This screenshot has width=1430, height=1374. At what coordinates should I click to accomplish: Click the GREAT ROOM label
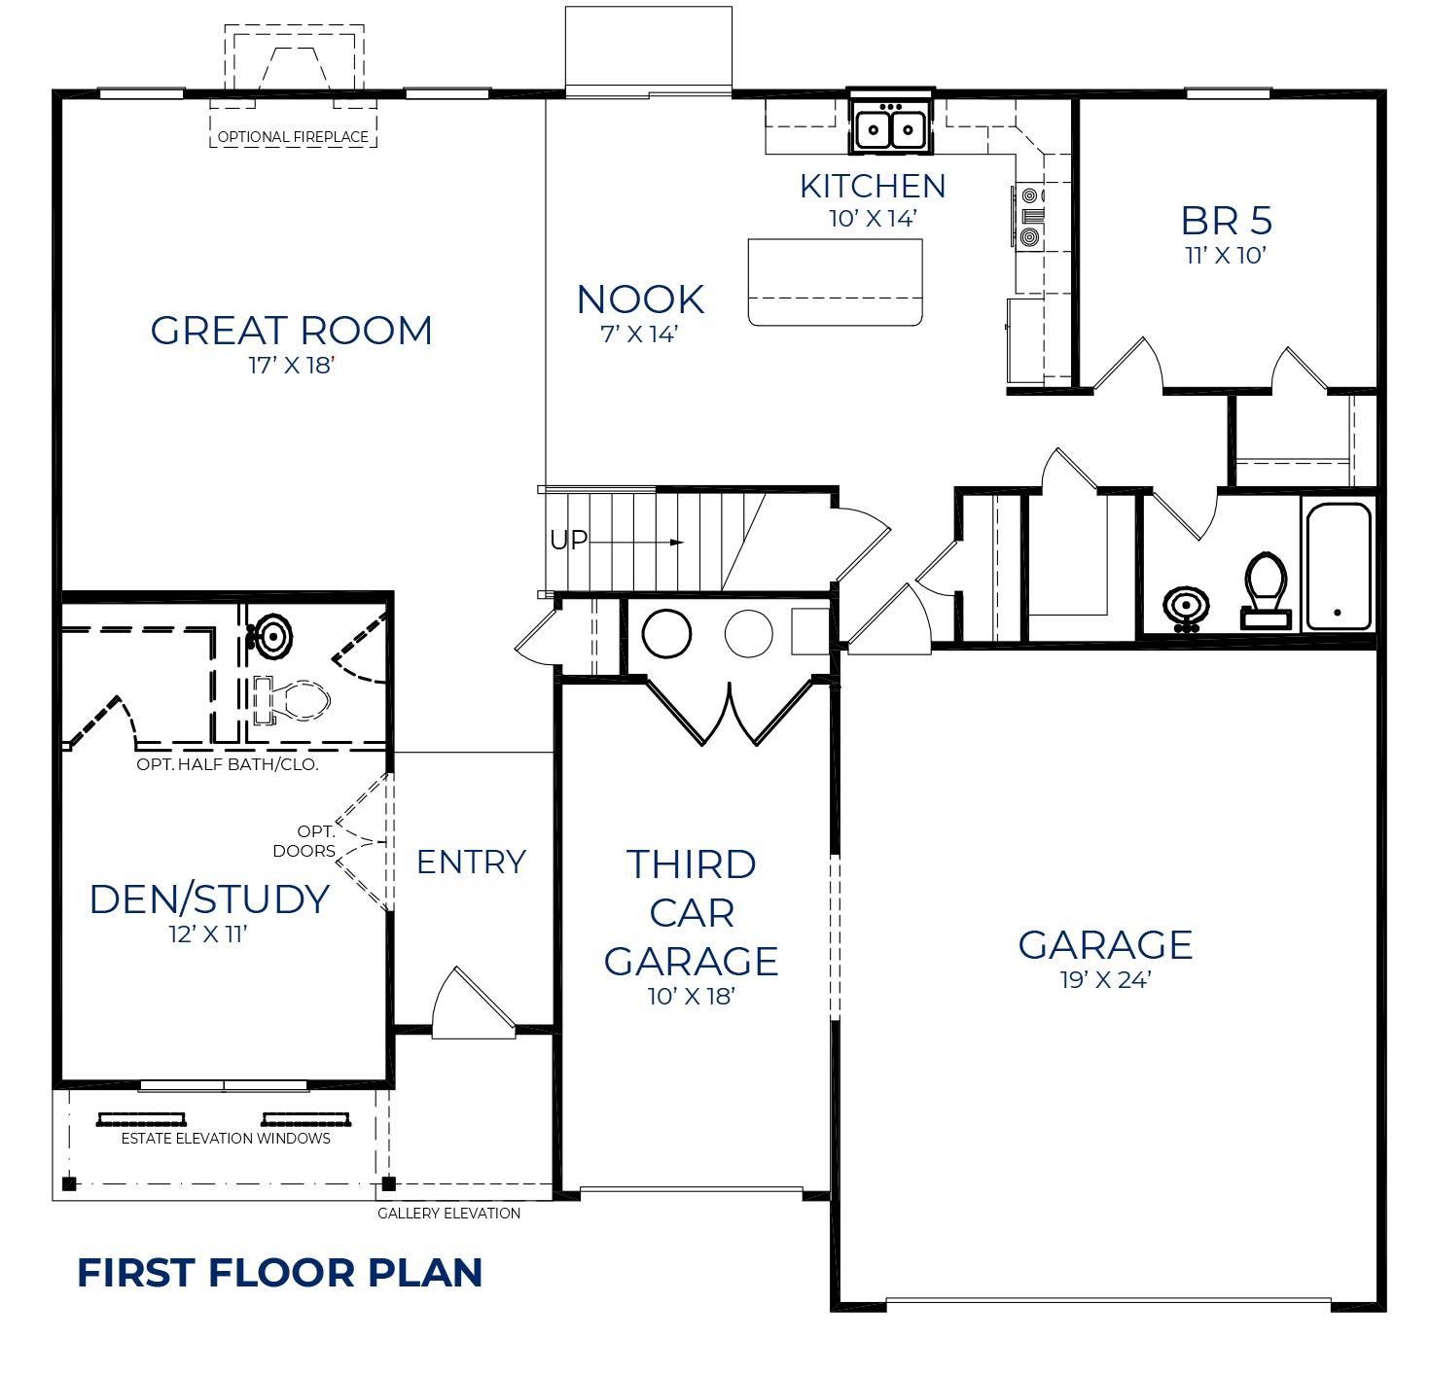[x=291, y=332]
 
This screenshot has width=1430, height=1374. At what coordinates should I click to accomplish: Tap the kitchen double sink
[x=890, y=126]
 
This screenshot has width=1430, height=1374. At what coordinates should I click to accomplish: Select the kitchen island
[x=835, y=282]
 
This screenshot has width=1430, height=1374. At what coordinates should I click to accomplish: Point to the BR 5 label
[x=1226, y=222]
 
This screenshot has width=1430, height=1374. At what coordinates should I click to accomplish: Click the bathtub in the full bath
[x=1338, y=566]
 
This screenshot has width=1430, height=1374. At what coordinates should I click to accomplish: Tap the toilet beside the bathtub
[x=1266, y=586]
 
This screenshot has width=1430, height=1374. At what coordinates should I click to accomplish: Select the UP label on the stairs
[x=569, y=540]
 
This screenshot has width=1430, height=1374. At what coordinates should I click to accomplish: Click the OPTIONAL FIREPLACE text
[x=293, y=137]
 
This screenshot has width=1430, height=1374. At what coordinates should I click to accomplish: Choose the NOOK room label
[x=640, y=300]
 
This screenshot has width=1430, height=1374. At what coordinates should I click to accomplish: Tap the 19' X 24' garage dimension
[x=1105, y=980]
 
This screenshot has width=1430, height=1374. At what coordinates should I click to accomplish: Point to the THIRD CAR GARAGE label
[x=691, y=912]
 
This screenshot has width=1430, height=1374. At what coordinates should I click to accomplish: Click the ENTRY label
[x=471, y=862]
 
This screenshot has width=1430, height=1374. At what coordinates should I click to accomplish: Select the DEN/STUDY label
[x=209, y=899]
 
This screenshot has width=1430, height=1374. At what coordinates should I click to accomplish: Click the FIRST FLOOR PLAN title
[x=280, y=1273]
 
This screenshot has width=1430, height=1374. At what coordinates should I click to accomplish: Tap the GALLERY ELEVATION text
[x=448, y=1213]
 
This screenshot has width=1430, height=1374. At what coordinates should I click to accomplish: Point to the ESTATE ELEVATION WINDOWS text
[x=226, y=1138]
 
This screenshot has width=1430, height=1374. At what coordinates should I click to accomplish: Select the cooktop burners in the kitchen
[x=1030, y=215]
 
